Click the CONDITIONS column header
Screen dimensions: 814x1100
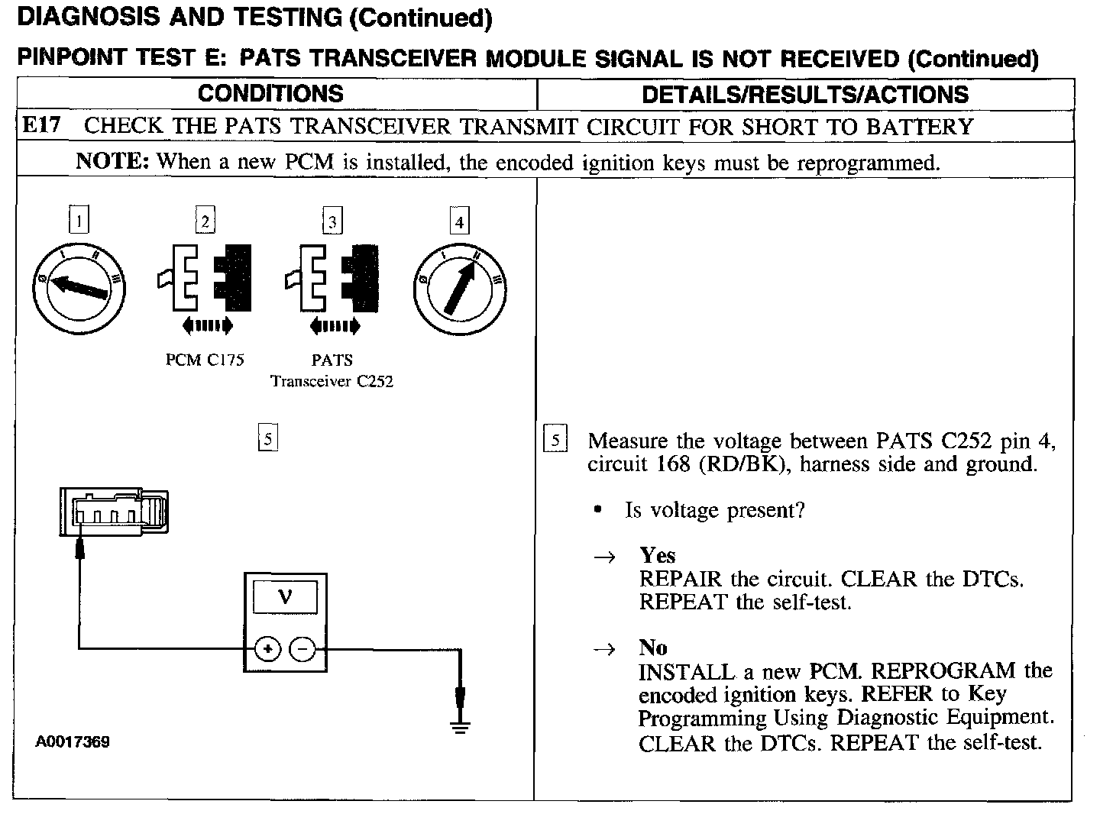tap(270, 94)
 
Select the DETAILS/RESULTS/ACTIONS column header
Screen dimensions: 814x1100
tap(804, 95)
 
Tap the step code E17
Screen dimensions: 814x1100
tap(42, 126)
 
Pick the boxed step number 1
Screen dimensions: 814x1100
tap(78, 221)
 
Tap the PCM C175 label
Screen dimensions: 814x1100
tap(205, 360)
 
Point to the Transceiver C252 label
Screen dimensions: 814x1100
tap(332, 381)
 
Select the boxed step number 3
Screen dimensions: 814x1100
tap(332, 222)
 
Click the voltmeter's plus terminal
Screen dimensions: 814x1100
tap(267, 650)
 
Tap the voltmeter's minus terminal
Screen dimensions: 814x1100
tap(303, 650)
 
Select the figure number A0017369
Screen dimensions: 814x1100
tap(73, 741)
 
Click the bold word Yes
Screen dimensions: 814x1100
tap(658, 555)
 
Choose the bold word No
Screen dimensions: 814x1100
tap(653, 648)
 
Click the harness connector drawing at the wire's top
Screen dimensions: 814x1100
tap(113, 512)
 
